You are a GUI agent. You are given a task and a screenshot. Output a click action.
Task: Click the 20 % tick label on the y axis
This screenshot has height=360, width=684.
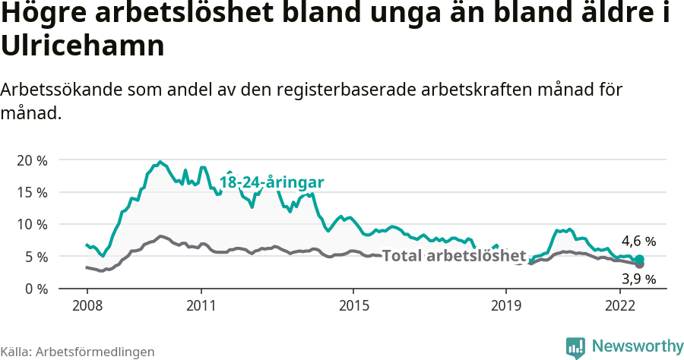point(31,160)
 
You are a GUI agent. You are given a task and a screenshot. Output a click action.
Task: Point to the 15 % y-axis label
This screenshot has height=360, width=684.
point(31,192)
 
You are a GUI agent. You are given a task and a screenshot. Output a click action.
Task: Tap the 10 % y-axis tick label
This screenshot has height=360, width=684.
point(31,224)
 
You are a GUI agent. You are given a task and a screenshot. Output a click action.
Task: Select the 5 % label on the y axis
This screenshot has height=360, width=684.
point(35,257)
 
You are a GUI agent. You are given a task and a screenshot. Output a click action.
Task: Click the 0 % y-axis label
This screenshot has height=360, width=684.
point(35,289)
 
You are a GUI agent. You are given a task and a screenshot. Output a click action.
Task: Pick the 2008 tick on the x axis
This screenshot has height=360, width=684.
point(87,305)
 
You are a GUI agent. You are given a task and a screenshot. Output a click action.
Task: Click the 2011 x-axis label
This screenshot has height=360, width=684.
point(201,305)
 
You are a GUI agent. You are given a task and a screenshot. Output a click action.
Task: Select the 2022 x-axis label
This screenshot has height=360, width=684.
point(619,305)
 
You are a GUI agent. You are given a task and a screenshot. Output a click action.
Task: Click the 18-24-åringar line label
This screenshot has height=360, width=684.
point(272,182)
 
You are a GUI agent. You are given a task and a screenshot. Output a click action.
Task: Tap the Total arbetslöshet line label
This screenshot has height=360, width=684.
point(454,255)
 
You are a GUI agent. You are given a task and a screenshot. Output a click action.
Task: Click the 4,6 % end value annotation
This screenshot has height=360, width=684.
point(638,241)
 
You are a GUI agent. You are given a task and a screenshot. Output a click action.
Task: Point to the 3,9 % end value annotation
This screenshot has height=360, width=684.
point(638,279)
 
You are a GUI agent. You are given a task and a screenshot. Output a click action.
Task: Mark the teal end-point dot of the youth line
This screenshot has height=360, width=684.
point(640,259)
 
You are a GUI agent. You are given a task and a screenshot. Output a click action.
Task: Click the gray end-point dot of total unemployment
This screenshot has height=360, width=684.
point(640,264)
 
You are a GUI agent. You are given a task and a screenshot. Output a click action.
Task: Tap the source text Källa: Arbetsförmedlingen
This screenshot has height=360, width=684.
point(78,352)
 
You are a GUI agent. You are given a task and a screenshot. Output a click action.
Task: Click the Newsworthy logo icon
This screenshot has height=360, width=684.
point(575,347)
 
